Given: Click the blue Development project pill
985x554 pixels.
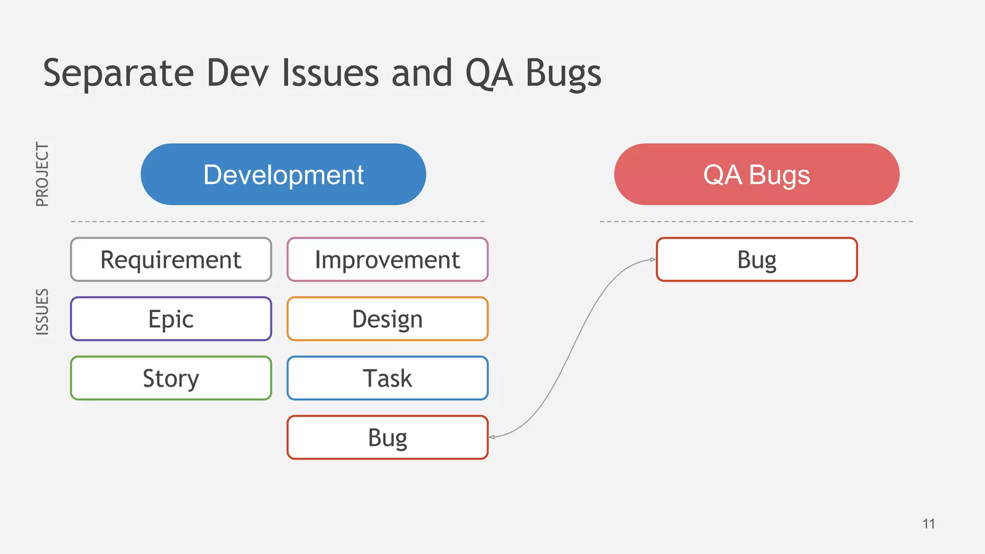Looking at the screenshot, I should (283, 174).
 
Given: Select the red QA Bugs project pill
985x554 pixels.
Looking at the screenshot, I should (757, 174).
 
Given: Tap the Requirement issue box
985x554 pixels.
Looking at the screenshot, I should (171, 260).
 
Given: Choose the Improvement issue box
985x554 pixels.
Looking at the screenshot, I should (387, 260).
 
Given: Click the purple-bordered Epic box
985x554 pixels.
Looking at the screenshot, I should (171, 319).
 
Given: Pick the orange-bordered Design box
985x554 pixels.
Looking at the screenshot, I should (387, 319).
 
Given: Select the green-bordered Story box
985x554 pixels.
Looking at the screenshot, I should (171, 378).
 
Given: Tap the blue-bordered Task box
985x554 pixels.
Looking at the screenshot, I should (387, 378).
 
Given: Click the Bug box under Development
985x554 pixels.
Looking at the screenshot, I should (387, 437).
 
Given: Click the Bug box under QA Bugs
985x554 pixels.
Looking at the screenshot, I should (757, 260).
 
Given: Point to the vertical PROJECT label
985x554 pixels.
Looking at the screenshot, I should (42, 175).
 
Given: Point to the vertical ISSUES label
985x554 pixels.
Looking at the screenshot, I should (42, 312).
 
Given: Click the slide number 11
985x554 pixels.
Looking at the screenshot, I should (929, 524).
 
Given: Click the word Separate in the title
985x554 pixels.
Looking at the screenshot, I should (118, 73).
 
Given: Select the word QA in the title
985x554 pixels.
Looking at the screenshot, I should (489, 73).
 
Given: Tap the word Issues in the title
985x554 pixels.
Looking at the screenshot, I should (330, 73).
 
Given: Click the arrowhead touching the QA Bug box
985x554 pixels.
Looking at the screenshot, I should (653, 260).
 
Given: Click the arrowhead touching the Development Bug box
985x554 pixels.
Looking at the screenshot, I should (492, 437).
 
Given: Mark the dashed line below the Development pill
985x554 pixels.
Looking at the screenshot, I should (279, 222).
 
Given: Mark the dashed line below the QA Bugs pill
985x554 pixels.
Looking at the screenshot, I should (756, 222).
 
